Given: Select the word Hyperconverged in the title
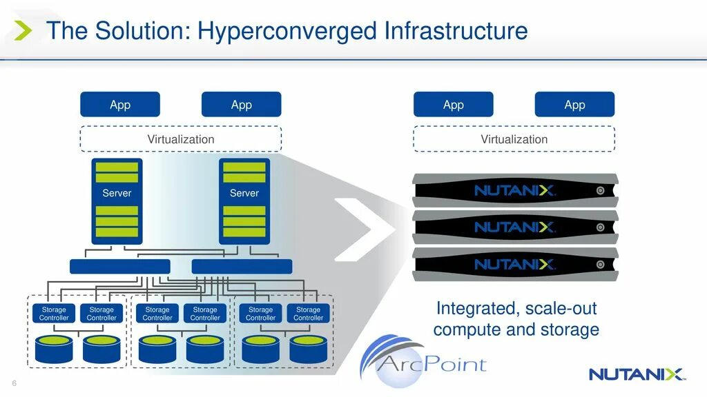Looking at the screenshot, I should click(x=286, y=31).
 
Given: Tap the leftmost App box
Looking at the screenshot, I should click(x=120, y=105).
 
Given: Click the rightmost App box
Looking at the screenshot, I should click(x=574, y=105).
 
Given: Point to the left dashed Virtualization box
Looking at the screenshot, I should click(x=181, y=139).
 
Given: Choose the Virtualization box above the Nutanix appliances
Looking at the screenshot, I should click(x=514, y=139).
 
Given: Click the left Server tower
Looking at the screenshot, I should click(x=117, y=201).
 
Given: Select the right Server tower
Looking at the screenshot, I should click(x=244, y=201).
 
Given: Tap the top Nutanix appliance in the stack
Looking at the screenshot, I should click(x=514, y=190).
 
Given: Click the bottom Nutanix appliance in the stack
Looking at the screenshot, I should click(x=514, y=264).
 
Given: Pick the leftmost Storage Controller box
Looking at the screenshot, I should click(x=54, y=314).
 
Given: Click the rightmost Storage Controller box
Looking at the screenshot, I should click(x=308, y=314).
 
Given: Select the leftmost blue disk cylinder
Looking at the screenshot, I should click(x=54, y=349).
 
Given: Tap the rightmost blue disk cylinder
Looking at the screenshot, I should click(x=308, y=349).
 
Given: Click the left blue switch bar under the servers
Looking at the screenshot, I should click(x=119, y=267).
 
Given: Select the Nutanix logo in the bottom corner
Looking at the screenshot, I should click(x=636, y=374).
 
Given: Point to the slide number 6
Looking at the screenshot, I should click(x=14, y=384).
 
